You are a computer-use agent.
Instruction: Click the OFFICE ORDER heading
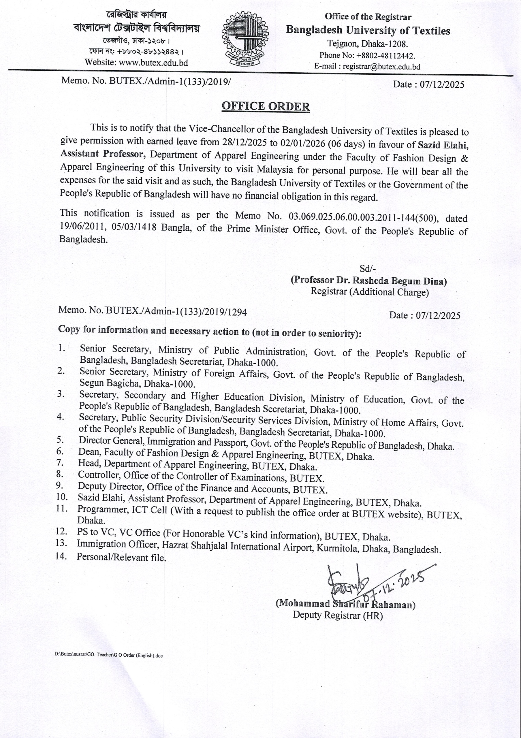[266, 106]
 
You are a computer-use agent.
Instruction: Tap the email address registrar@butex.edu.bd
[381, 67]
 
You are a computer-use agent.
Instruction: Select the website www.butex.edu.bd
[153, 62]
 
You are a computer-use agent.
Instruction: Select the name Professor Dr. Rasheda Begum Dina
[369, 280]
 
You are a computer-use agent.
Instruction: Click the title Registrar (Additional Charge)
[370, 292]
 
